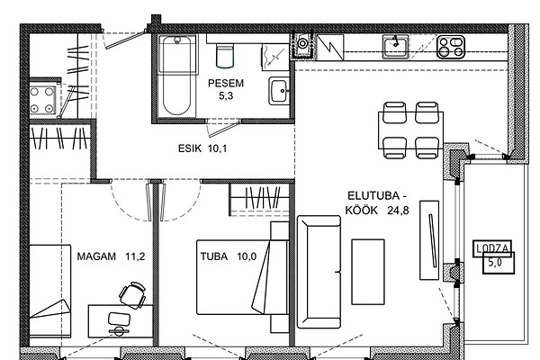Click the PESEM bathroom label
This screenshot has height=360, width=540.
pyautogui.click(x=226, y=84)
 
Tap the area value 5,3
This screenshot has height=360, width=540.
pyautogui.click(x=226, y=95)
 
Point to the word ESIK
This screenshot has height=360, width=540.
pyautogui.click(x=190, y=148)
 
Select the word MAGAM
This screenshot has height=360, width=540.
pyautogui.click(x=96, y=256)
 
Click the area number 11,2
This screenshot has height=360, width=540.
pyautogui.click(x=135, y=256)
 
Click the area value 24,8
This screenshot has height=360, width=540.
pyautogui.click(x=398, y=210)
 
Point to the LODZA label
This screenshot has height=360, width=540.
pyautogui.click(x=492, y=247)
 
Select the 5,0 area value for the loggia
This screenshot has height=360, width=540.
pyautogui.click(x=495, y=263)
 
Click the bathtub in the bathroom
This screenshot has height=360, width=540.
pyautogui.click(x=177, y=76)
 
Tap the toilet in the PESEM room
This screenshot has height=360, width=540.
pyautogui.click(x=225, y=55)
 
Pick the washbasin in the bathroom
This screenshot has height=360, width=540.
pyautogui.click(x=279, y=91)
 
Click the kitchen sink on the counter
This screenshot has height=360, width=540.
pyautogui.click(x=395, y=47)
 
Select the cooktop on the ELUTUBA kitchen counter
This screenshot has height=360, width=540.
pyautogui.click(x=451, y=47)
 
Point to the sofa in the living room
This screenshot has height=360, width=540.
pyautogui.click(x=319, y=272)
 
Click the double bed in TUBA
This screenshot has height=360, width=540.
pyautogui.click(x=242, y=277)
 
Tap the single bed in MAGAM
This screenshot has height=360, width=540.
pyautogui.click(x=49, y=291)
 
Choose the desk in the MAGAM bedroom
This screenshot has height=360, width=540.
pyautogui.click(x=121, y=321)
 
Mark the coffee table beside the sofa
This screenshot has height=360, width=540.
pyautogui.click(x=368, y=272)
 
